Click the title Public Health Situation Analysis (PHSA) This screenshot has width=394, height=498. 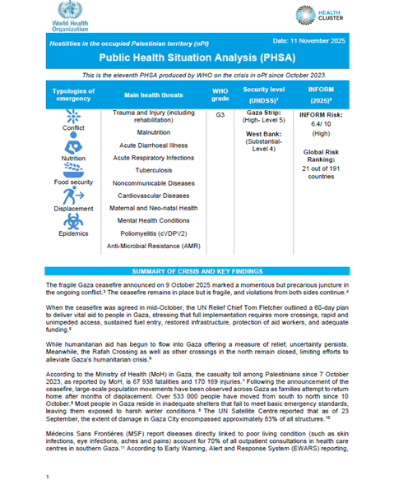pos(197,59)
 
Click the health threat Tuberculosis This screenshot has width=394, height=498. pos(154,168)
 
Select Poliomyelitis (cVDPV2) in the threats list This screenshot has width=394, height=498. pos(154,233)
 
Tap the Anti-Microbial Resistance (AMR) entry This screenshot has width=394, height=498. pos(154,246)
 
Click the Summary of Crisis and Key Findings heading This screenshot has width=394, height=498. pos(197,270)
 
